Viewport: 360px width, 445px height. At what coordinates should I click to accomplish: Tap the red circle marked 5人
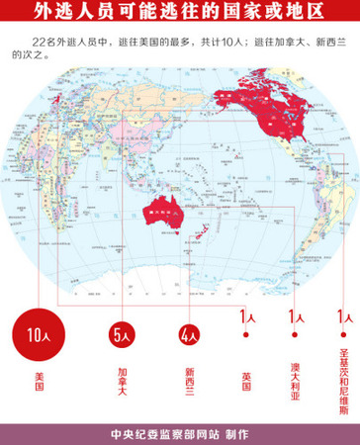click(123, 335)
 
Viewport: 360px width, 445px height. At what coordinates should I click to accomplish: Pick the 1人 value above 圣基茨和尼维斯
click(343, 317)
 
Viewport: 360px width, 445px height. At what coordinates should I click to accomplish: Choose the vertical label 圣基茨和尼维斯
click(343, 392)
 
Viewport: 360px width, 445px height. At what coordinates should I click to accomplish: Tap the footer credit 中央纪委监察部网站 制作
click(180, 432)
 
